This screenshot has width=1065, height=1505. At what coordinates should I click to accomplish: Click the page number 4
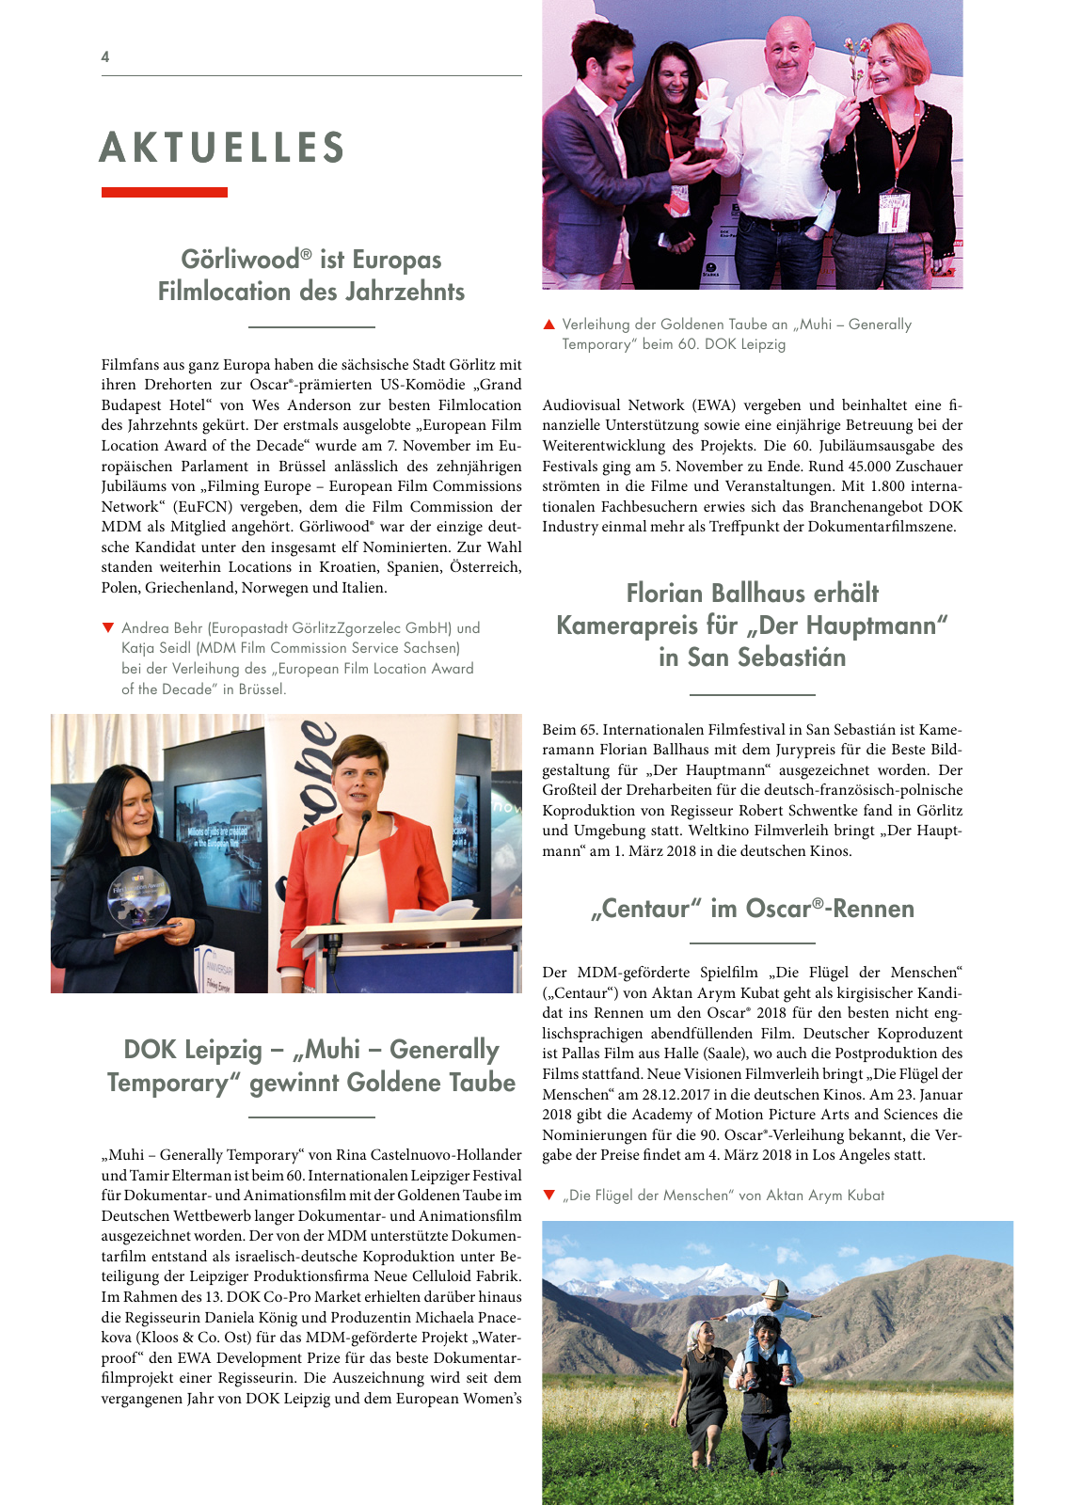click(x=105, y=56)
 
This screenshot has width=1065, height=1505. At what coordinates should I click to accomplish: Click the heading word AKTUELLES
click(x=222, y=148)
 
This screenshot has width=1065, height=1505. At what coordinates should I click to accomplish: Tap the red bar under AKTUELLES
click(x=165, y=192)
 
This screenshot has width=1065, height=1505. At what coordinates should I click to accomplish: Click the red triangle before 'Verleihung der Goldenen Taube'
click(x=549, y=325)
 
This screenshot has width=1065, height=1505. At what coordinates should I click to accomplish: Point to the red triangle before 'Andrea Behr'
click(x=108, y=627)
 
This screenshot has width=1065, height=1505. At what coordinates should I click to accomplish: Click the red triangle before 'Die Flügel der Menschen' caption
click(x=549, y=1195)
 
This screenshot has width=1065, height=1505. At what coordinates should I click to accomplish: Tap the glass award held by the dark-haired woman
click(x=138, y=898)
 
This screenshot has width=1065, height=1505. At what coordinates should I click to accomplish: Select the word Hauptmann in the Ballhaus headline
click(x=871, y=626)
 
